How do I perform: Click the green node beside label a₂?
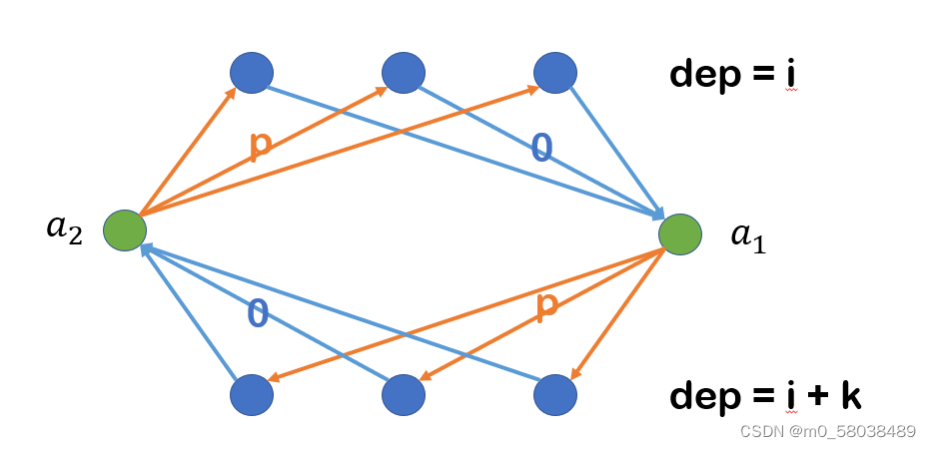tap(125, 231)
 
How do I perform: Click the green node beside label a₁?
tap(679, 234)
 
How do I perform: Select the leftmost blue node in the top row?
tap(251, 73)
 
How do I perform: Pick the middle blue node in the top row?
tap(403, 73)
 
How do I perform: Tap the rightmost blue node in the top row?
tap(555, 73)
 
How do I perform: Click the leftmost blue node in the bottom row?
tap(251, 395)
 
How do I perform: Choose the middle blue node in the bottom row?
tap(403, 395)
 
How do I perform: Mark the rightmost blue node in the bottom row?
tap(555, 395)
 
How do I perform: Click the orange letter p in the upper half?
tap(260, 145)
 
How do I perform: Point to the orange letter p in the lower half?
tap(546, 306)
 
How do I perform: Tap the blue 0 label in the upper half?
tap(540, 149)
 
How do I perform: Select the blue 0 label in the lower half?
tap(257, 313)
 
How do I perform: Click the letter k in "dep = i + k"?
tap(849, 395)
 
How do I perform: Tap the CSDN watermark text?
tap(761, 431)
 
